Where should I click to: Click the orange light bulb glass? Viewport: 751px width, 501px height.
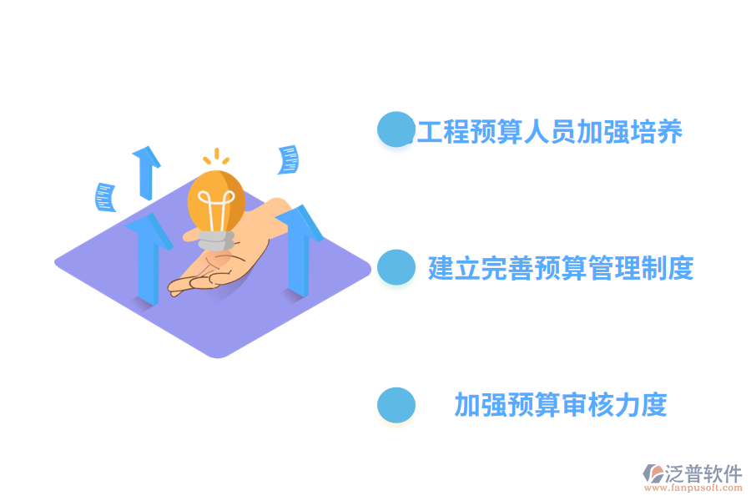click(216, 201)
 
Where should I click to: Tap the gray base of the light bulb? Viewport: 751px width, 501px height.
click(216, 240)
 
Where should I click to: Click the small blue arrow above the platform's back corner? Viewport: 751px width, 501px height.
click(147, 173)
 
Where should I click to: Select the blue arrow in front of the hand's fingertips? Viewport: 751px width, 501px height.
click(149, 259)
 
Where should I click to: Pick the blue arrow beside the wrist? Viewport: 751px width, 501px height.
click(299, 250)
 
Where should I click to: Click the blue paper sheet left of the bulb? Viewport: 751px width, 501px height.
click(105, 197)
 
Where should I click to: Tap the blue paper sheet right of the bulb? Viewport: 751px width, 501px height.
click(289, 159)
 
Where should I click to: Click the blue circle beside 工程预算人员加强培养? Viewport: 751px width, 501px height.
click(396, 129)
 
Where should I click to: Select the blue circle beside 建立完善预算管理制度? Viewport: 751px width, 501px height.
click(396, 267)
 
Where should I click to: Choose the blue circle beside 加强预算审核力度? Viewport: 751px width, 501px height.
click(396, 405)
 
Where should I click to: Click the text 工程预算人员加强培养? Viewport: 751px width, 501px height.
click(549, 131)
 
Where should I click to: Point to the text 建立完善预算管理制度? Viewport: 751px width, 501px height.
click(561, 268)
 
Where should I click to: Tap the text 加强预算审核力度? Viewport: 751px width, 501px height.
click(561, 405)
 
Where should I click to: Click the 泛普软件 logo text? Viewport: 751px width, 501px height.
click(703, 473)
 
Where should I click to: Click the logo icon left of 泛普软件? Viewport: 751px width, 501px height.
click(653, 473)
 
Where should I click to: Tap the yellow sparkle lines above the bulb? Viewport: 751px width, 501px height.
click(216, 157)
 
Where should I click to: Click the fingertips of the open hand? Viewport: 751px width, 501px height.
click(179, 286)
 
